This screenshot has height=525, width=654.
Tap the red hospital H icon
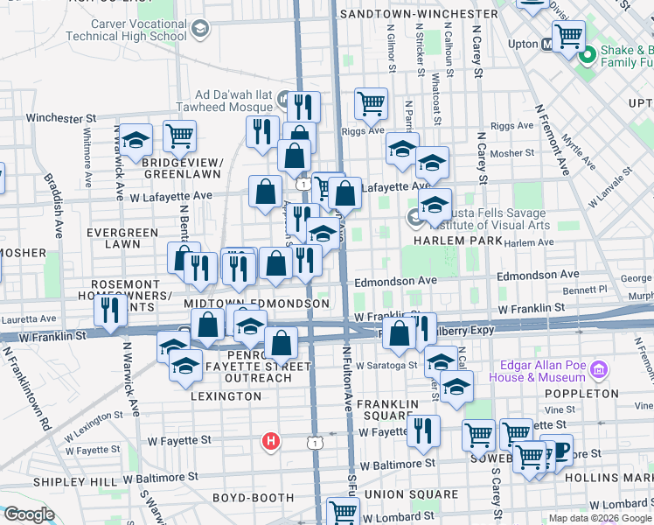tap(272, 440)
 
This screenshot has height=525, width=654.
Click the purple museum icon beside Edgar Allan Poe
tap(599, 368)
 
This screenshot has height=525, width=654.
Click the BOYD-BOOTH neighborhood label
tap(252, 497)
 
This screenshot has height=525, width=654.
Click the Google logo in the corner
tap(28, 514)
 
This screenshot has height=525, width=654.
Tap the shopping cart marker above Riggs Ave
tap(371, 103)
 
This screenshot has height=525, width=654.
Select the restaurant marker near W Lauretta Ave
tap(110, 309)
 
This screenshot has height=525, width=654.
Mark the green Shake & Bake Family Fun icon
tap(586, 55)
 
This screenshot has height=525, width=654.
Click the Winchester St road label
tap(61, 116)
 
